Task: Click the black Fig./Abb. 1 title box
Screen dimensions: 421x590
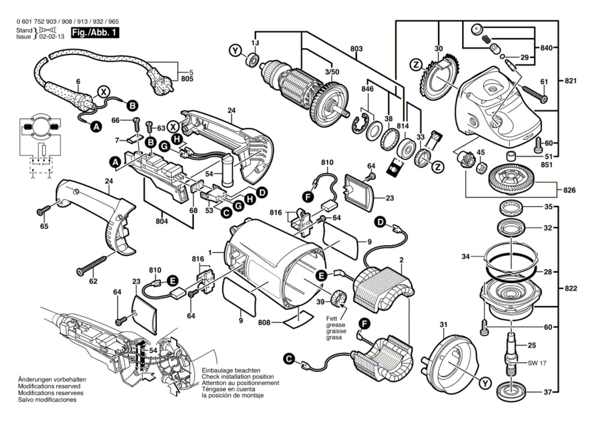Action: [x=95, y=32]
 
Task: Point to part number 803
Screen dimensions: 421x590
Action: [x=356, y=49]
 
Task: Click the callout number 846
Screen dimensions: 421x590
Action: [x=367, y=89]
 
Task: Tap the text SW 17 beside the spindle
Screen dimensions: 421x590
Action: [x=537, y=363]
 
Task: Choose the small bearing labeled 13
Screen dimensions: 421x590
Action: [x=253, y=59]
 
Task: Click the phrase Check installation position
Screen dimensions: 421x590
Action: [x=237, y=377]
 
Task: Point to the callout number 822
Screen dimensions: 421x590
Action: [x=570, y=288]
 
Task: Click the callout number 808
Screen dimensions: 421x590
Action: [x=264, y=323]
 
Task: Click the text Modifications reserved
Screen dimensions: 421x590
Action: [x=49, y=386]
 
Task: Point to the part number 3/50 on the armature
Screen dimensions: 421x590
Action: [x=332, y=72]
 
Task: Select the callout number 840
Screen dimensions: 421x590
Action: [x=546, y=48]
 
